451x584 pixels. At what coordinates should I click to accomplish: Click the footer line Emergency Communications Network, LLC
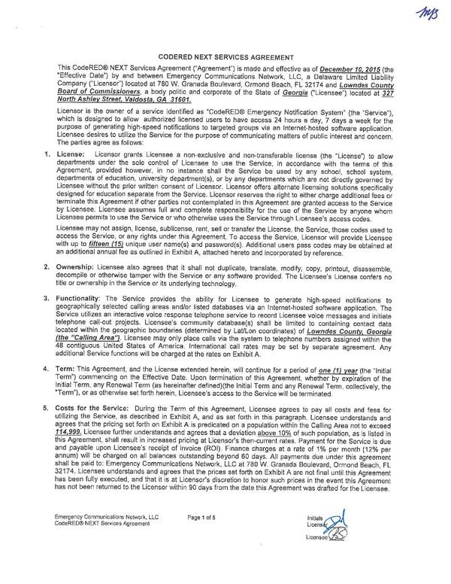101,561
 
